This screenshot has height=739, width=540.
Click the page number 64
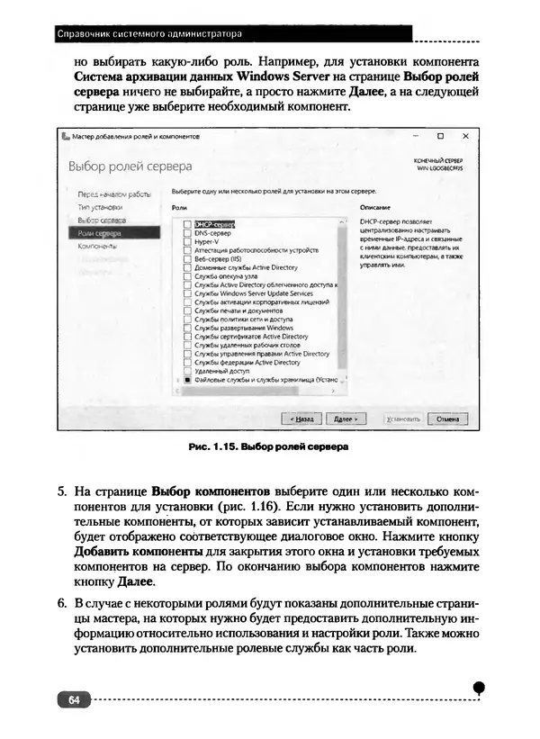coord(73,699)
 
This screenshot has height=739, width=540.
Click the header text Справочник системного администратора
coord(148,34)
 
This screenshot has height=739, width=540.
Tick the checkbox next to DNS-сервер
coord(187,232)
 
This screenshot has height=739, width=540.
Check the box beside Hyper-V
coord(187,240)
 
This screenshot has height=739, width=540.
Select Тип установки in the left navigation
coord(99,206)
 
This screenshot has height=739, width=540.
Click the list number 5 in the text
coord(62,492)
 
